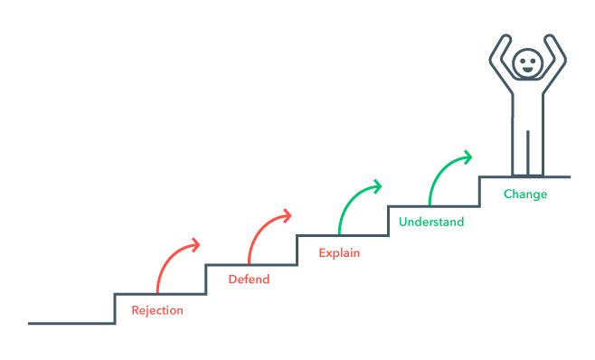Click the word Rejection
(157, 310)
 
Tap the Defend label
(249, 279)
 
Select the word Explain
(339, 252)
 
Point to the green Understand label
(431, 222)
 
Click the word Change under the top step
(525, 194)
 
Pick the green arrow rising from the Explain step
(351, 203)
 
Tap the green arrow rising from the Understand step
(441, 170)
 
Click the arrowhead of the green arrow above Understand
(466, 156)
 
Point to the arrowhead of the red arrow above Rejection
(194, 244)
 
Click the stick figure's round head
(525, 63)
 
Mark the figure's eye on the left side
(521, 60)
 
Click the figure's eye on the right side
(531, 60)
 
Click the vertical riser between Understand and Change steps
(479, 191)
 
